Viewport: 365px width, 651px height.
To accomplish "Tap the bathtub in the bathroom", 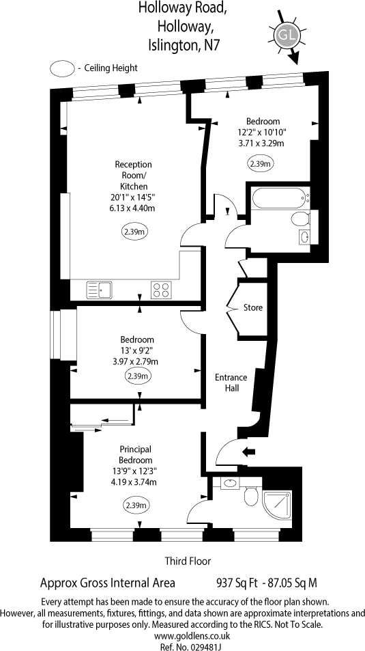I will click(x=278, y=200).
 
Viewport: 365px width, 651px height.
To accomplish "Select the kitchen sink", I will click(x=99, y=290).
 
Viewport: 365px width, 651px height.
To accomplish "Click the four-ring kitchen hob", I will click(x=161, y=290).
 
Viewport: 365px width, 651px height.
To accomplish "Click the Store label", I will click(x=253, y=308).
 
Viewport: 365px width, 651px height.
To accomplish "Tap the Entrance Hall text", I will click(x=231, y=383).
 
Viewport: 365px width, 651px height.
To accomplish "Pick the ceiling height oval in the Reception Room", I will click(x=134, y=232).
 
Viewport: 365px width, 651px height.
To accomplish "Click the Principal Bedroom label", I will click(x=136, y=454).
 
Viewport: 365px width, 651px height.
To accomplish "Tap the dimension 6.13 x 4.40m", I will click(x=133, y=208).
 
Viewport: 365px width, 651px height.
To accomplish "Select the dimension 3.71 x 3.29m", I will click(x=261, y=143).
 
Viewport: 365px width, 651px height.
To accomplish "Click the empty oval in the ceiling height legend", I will click(x=62, y=68).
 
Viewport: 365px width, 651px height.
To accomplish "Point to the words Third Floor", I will click(x=187, y=561).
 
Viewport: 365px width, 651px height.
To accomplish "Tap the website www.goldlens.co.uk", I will click(x=182, y=635).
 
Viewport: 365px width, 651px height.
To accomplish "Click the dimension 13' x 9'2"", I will click(x=137, y=350).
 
